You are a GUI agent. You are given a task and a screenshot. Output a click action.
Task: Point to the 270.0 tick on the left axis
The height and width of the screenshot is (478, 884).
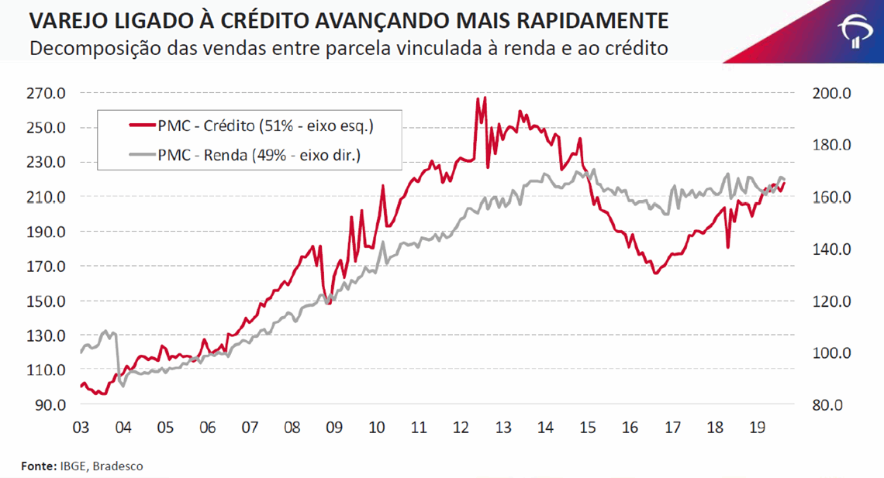click(47, 94)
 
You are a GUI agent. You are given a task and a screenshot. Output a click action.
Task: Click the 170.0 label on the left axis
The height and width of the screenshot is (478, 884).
click(47, 267)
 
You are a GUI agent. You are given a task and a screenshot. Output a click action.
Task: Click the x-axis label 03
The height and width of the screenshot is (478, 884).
click(80, 428)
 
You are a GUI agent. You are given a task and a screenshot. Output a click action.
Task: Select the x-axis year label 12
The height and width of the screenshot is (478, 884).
click(461, 428)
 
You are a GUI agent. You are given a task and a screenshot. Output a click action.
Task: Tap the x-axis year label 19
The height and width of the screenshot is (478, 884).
click(758, 428)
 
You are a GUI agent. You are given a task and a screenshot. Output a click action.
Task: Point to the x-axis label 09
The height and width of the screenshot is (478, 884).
click(334, 428)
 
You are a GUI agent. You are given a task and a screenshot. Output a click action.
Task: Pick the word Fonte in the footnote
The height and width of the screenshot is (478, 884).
click(37, 466)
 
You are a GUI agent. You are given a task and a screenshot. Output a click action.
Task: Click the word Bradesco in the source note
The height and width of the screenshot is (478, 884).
click(118, 466)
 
